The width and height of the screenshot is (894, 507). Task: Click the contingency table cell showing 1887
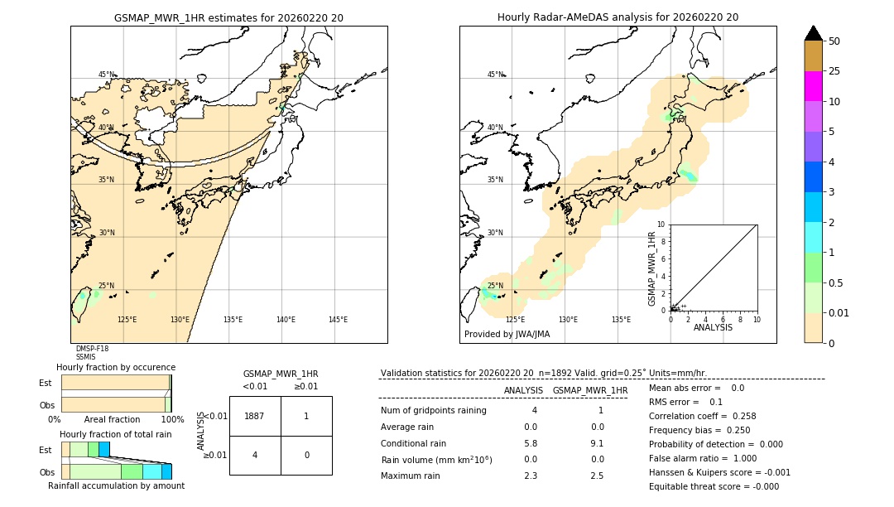pos(254,416)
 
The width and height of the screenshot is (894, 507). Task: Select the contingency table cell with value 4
pos(254,455)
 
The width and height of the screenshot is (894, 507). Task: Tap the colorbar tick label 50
pos(834,41)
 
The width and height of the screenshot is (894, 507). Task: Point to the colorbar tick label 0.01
pos(839,312)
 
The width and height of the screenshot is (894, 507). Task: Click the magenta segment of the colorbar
pos(813,86)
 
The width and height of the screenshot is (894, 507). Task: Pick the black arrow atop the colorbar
pos(813,33)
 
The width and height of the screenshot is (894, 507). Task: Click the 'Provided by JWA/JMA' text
pos(507,335)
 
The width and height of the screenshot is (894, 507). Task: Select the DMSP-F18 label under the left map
pos(92,349)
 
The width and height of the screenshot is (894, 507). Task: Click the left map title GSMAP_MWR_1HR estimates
pos(228,17)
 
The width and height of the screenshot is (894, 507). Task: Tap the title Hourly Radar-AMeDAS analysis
pos(618,17)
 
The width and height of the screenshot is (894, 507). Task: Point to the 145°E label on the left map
pos(338,320)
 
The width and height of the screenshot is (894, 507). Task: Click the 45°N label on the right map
pos(495,75)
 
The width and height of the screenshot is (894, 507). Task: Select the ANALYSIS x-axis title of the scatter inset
pos(713,327)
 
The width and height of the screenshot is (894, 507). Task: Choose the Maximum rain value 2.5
pos(597,476)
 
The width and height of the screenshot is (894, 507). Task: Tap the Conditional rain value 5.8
pos(531,443)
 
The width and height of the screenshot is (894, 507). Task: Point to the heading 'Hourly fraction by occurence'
pos(116,367)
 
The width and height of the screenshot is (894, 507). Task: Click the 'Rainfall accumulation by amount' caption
pos(116,486)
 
